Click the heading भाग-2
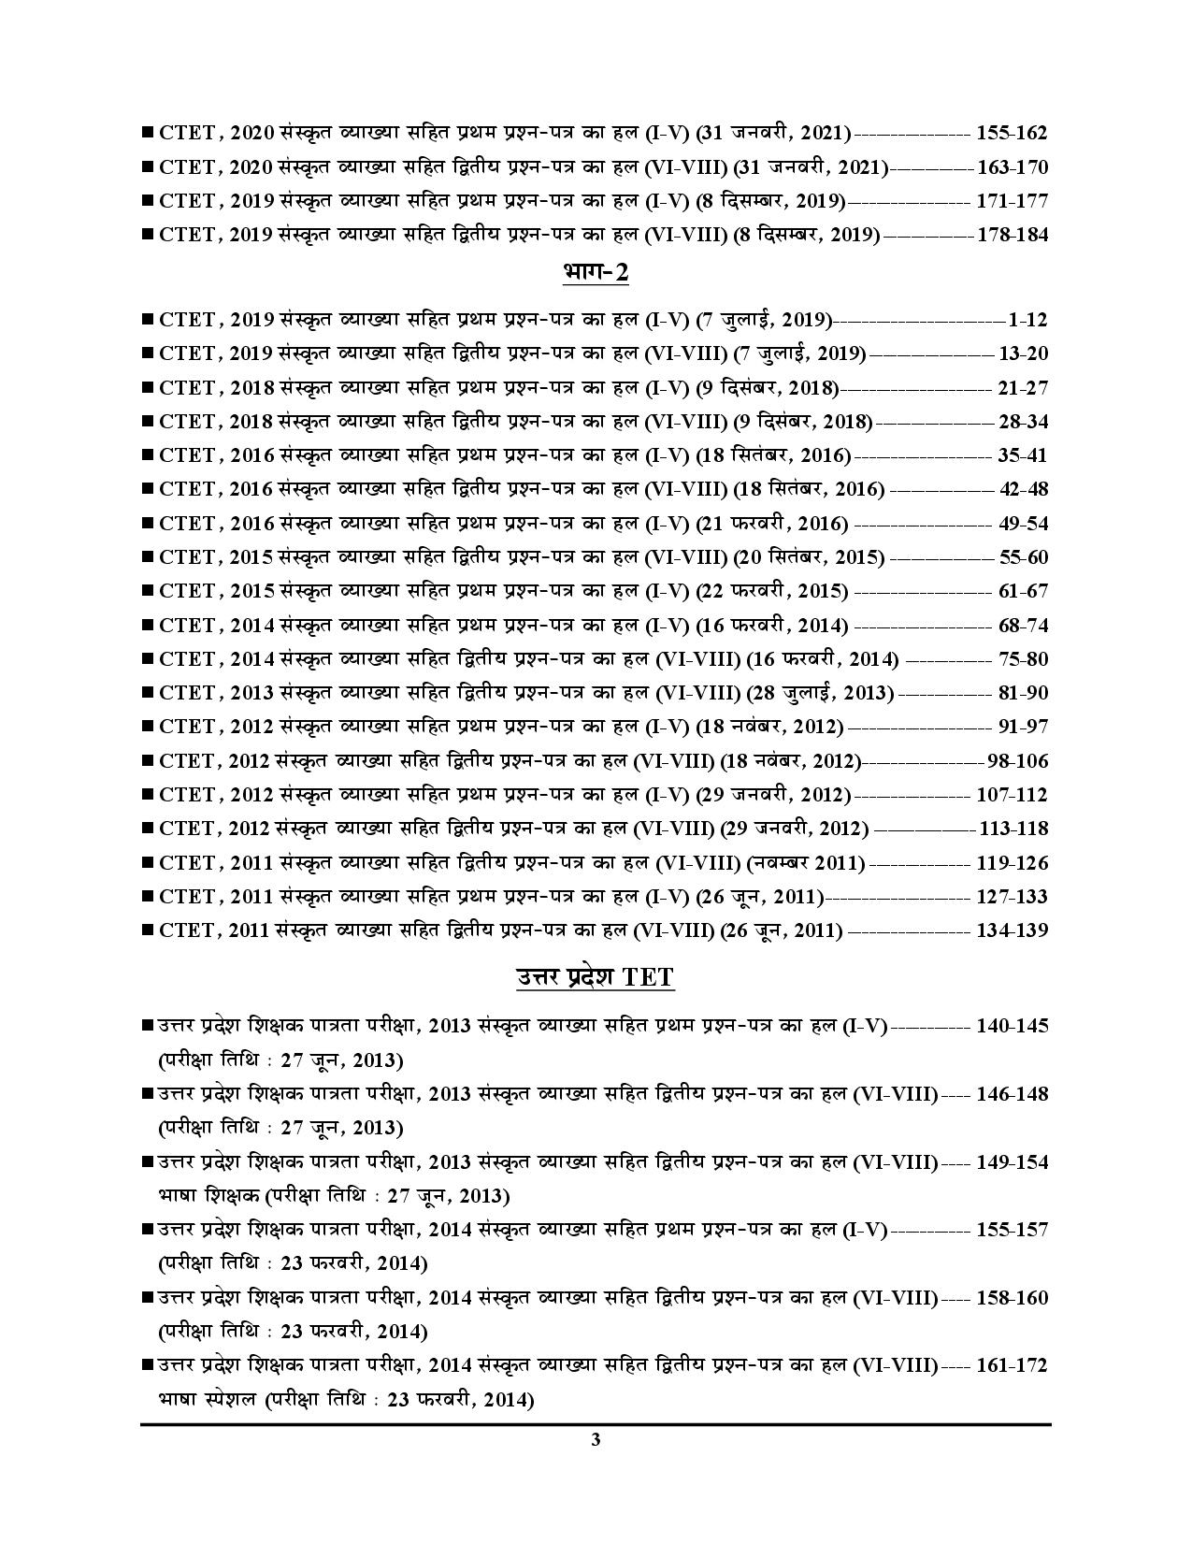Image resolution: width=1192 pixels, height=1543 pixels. click(x=596, y=273)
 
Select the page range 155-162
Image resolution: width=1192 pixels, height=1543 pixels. click(x=1012, y=133)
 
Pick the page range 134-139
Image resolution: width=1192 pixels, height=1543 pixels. click(x=1012, y=930)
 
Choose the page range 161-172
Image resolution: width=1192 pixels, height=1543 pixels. click(x=1012, y=1365)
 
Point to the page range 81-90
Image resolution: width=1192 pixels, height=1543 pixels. click(x=1023, y=693)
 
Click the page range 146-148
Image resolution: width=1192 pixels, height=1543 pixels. click(x=1012, y=1094)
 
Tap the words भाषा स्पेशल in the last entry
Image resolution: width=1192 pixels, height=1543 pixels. click(x=207, y=1400)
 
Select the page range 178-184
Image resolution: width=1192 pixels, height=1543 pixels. click(x=1012, y=235)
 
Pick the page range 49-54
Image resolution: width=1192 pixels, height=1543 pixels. click(x=1023, y=524)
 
